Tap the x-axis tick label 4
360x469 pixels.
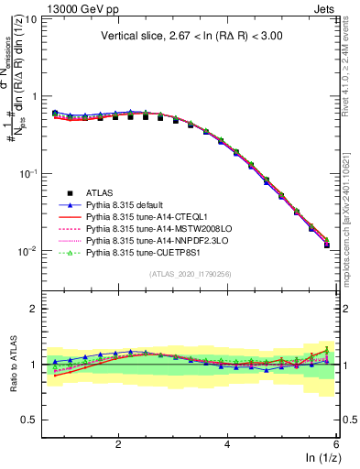tap(227, 444)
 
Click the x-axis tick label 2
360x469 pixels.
tap(118, 444)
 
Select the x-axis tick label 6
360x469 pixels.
tap(335, 444)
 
